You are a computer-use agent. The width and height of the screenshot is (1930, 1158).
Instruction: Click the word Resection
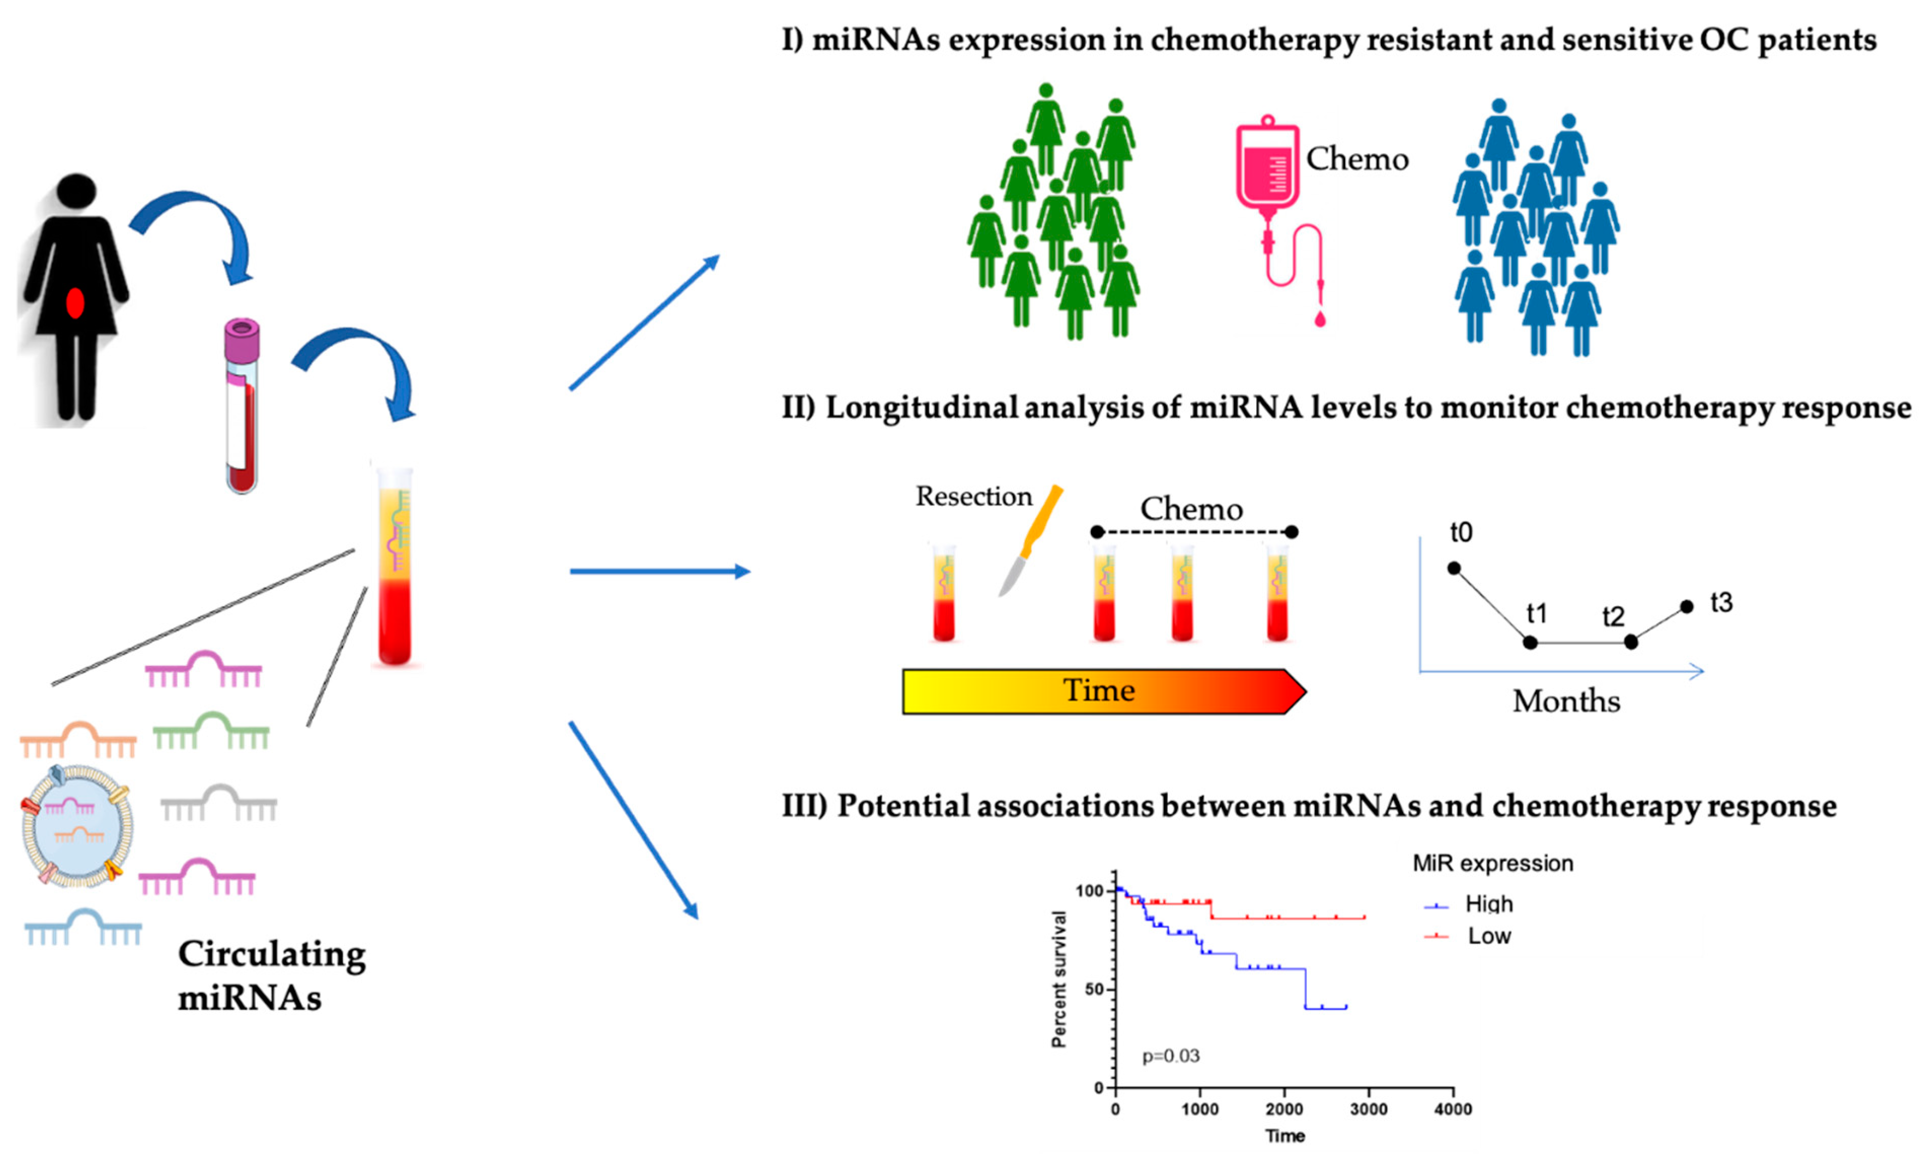pyautogui.click(x=973, y=496)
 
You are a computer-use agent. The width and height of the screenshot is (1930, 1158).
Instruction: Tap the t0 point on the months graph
pyautogui.click(x=1453, y=568)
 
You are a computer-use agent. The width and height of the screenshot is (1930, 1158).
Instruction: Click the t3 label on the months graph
pyautogui.click(x=1721, y=603)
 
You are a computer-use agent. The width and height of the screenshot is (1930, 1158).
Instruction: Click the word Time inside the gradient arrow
pyautogui.click(x=1099, y=691)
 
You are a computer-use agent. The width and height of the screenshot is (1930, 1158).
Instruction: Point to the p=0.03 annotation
pyautogui.click(x=1170, y=1056)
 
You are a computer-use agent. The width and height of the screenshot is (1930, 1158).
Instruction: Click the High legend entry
pyautogui.click(x=1489, y=904)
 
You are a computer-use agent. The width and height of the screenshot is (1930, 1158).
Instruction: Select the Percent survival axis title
pyautogui.click(x=1058, y=979)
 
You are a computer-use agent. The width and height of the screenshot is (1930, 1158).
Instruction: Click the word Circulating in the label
pyautogui.click(x=272, y=954)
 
